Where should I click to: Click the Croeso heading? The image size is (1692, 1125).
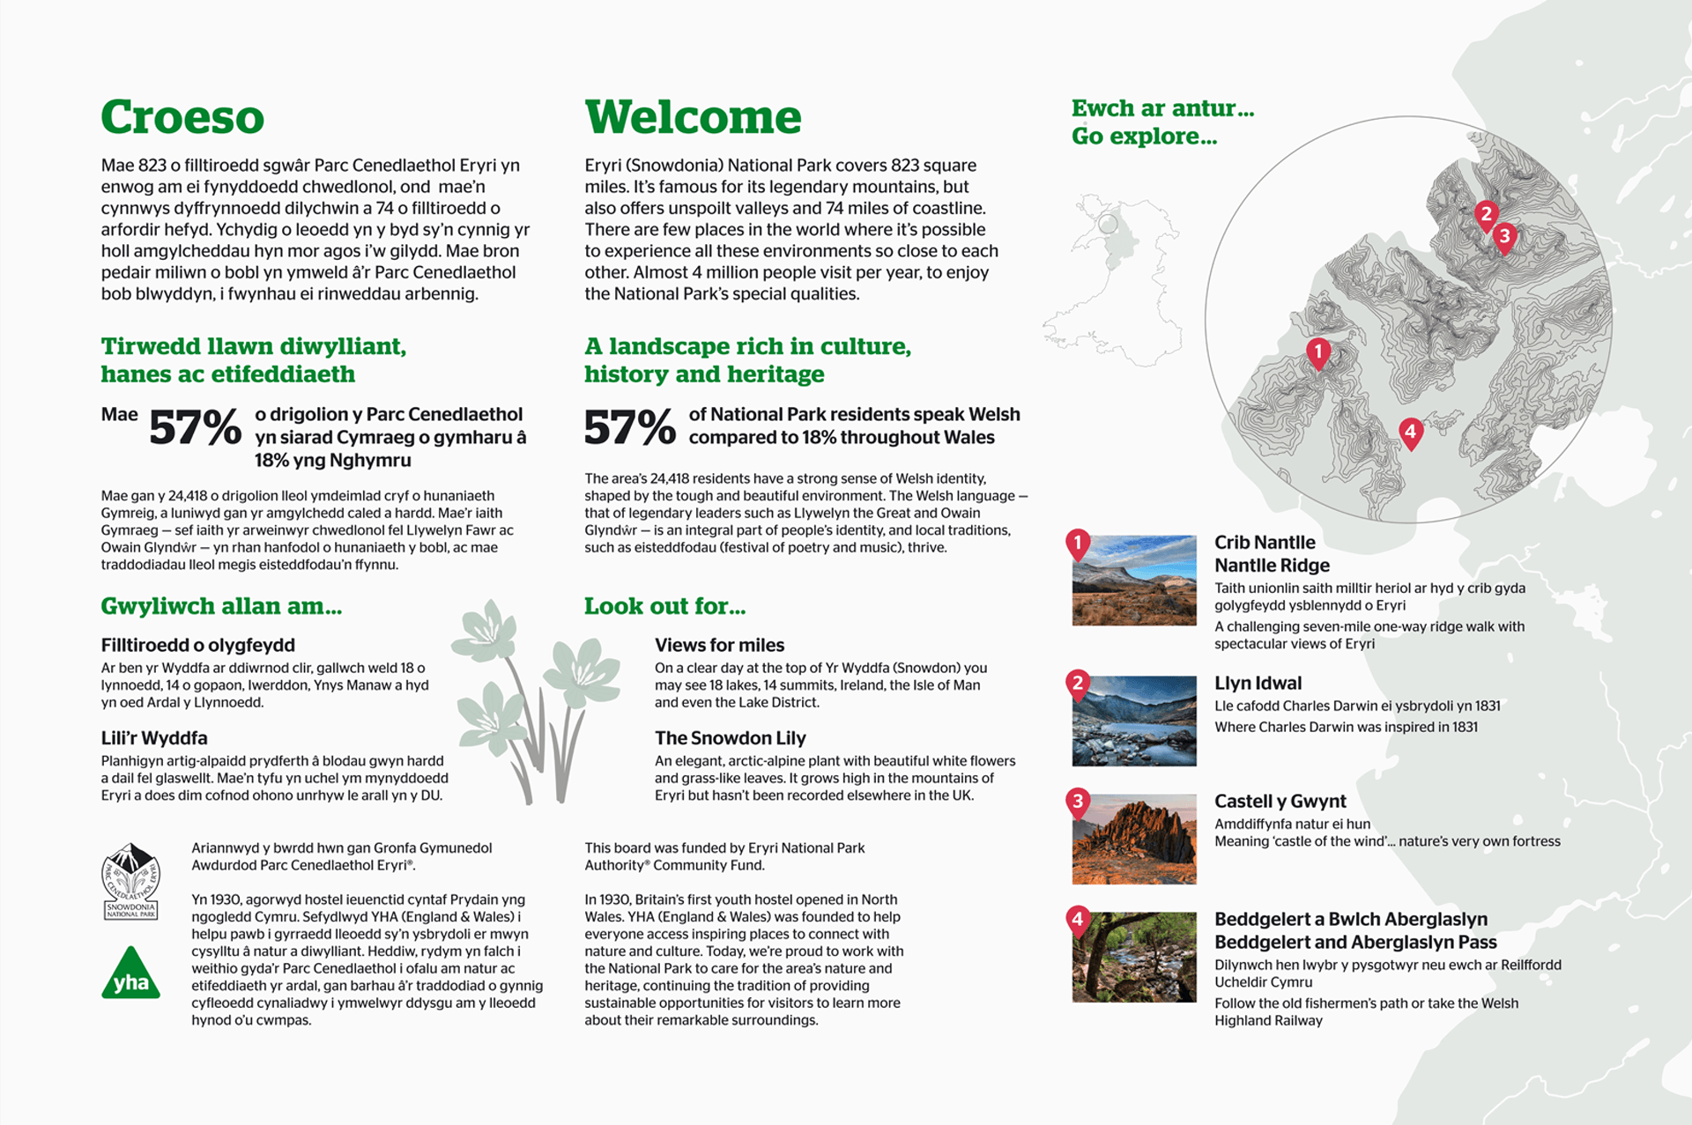tap(182, 117)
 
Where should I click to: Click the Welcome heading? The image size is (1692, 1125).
tap(693, 117)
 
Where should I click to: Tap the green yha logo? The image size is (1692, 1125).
tap(131, 974)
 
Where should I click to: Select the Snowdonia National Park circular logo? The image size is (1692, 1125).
tap(130, 881)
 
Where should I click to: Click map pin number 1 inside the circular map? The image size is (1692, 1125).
tap(1318, 353)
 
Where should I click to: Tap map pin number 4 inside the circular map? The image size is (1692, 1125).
tap(1411, 432)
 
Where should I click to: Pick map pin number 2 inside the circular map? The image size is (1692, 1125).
tap(1486, 214)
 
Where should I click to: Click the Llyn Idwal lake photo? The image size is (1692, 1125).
tap(1134, 721)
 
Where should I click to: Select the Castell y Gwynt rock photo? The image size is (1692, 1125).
tap(1134, 839)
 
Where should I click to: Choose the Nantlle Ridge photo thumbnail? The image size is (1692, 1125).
tap(1134, 581)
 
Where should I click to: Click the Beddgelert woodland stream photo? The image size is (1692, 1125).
tap(1134, 957)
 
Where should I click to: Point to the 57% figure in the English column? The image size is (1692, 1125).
tap(629, 427)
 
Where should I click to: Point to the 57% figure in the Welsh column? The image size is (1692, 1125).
tap(195, 427)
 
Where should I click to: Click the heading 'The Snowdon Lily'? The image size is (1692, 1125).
tap(730, 738)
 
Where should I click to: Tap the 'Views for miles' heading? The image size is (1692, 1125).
tap(719, 645)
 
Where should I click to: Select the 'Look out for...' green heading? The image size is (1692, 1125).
tap(664, 606)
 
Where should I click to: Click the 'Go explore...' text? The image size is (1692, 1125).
tap(1144, 137)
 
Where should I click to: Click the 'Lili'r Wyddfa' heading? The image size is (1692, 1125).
tap(154, 738)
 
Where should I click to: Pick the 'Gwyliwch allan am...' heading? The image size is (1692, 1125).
tap(221, 606)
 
